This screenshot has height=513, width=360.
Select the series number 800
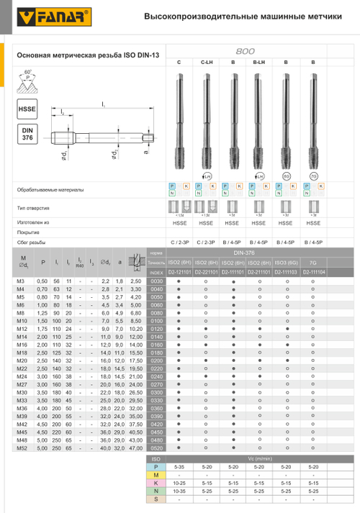tap(246, 52)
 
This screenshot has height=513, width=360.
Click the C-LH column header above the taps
tap(206, 63)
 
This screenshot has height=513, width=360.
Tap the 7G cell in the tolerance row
tap(312, 263)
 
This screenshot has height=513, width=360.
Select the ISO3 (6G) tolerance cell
tap(286, 263)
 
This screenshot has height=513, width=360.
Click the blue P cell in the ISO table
tap(157, 466)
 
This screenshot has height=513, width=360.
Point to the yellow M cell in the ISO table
tap(157, 475)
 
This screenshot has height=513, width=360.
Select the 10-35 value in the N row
tap(179, 492)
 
